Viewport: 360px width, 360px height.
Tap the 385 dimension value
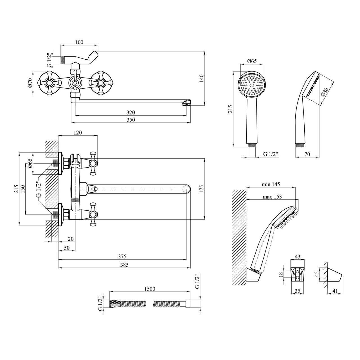point(122,264)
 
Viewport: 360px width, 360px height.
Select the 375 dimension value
point(122,256)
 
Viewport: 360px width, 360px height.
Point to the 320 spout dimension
point(130,112)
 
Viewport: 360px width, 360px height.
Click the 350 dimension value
point(130,120)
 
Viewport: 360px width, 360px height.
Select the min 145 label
point(271,184)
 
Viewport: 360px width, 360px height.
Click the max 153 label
point(272,197)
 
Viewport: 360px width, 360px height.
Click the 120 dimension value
point(78,133)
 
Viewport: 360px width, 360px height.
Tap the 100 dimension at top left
point(79,42)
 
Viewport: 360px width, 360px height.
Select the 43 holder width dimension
point(297,256)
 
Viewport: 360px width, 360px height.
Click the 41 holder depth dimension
point(335,291)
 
